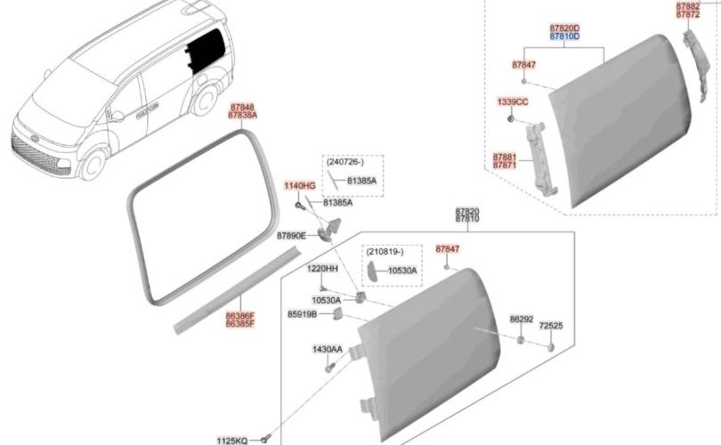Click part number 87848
pos(241,107)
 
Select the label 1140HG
pos(300,185)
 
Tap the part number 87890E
pos(291,236)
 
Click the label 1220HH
pos(322,268)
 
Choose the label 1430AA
pos(326,349)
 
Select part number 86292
pos(521,319)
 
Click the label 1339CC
pos(513,102)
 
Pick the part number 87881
pos(506,157)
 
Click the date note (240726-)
pos(352,163)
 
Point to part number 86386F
pos(239,315)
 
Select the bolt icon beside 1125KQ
pos(265,438)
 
